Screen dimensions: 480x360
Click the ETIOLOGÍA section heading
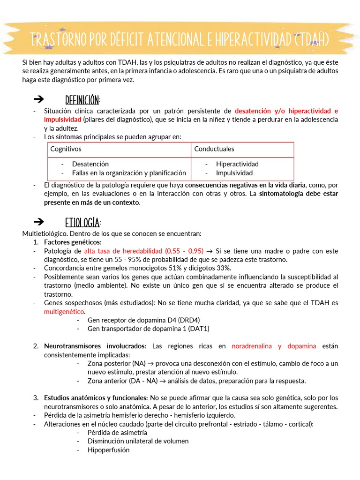tap(83, 222)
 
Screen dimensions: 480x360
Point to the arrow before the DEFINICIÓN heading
tap(39, 99)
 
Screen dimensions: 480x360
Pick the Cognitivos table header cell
tap(66, 149)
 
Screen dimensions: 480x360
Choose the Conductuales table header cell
tap(214, 149)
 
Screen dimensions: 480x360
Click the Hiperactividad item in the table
tap(237, 164)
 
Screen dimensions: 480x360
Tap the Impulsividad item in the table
tap(234, 173)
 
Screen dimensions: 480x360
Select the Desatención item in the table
tap(90, 164)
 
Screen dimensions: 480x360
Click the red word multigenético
tap(65, 312)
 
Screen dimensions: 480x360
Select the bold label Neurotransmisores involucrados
tap(95, 346)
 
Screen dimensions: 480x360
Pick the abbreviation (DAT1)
tap(199, 329)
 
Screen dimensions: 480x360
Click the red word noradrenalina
tap(253, 346)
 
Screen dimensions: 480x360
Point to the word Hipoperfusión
tap(108, 450)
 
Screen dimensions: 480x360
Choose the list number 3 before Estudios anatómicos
tap(36, 398)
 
